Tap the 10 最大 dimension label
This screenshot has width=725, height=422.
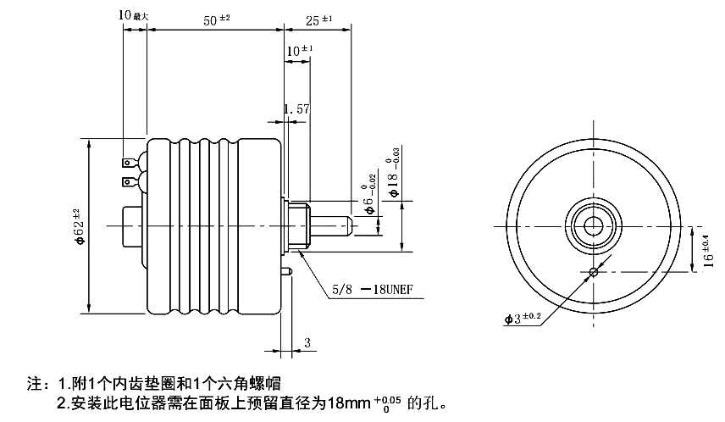coord(134,15)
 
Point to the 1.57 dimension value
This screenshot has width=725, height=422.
coord(296,109)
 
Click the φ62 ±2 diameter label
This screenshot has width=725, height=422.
coord(77,226)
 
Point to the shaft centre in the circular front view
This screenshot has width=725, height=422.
coord(590,225)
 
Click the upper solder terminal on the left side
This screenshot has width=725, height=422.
coord(128,161)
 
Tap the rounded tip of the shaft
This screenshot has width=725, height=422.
coord(347,225)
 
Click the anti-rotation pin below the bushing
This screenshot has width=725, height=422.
coord(288,271)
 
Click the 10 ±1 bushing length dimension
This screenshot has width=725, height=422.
coord(300,51)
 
